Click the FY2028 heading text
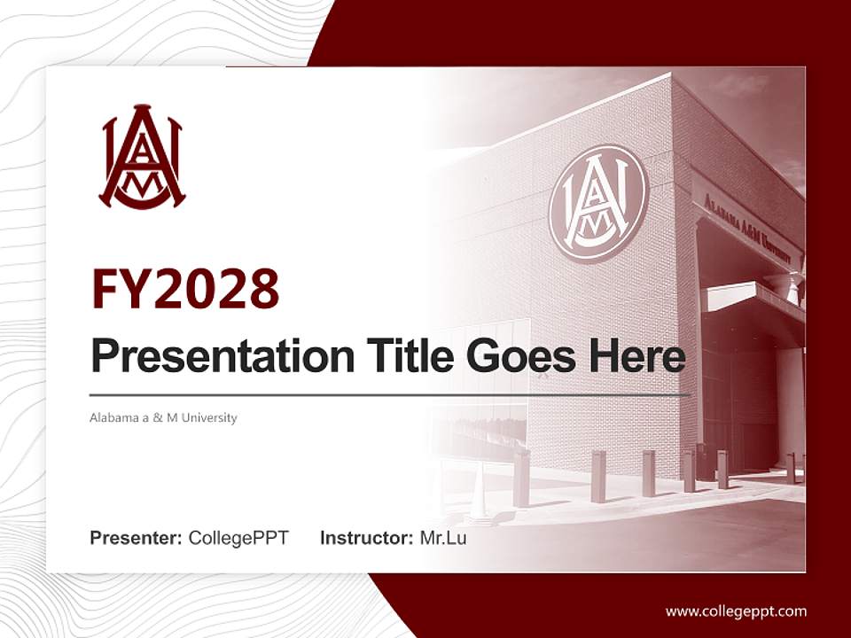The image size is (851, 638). [185, 289]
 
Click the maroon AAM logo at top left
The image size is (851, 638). [142, 159]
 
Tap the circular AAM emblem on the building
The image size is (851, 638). [598, 203]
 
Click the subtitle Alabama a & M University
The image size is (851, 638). [163, 417]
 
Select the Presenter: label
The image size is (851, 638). [137, 538]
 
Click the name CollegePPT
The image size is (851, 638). [238, 538]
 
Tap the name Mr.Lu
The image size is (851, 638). [443, 538]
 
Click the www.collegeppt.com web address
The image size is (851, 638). [736, 611]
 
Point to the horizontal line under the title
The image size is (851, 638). [390, 394]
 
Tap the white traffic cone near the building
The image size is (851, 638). [479, 496]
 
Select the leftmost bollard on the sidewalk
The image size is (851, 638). [522, 478]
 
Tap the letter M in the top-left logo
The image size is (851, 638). [142, 180]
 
